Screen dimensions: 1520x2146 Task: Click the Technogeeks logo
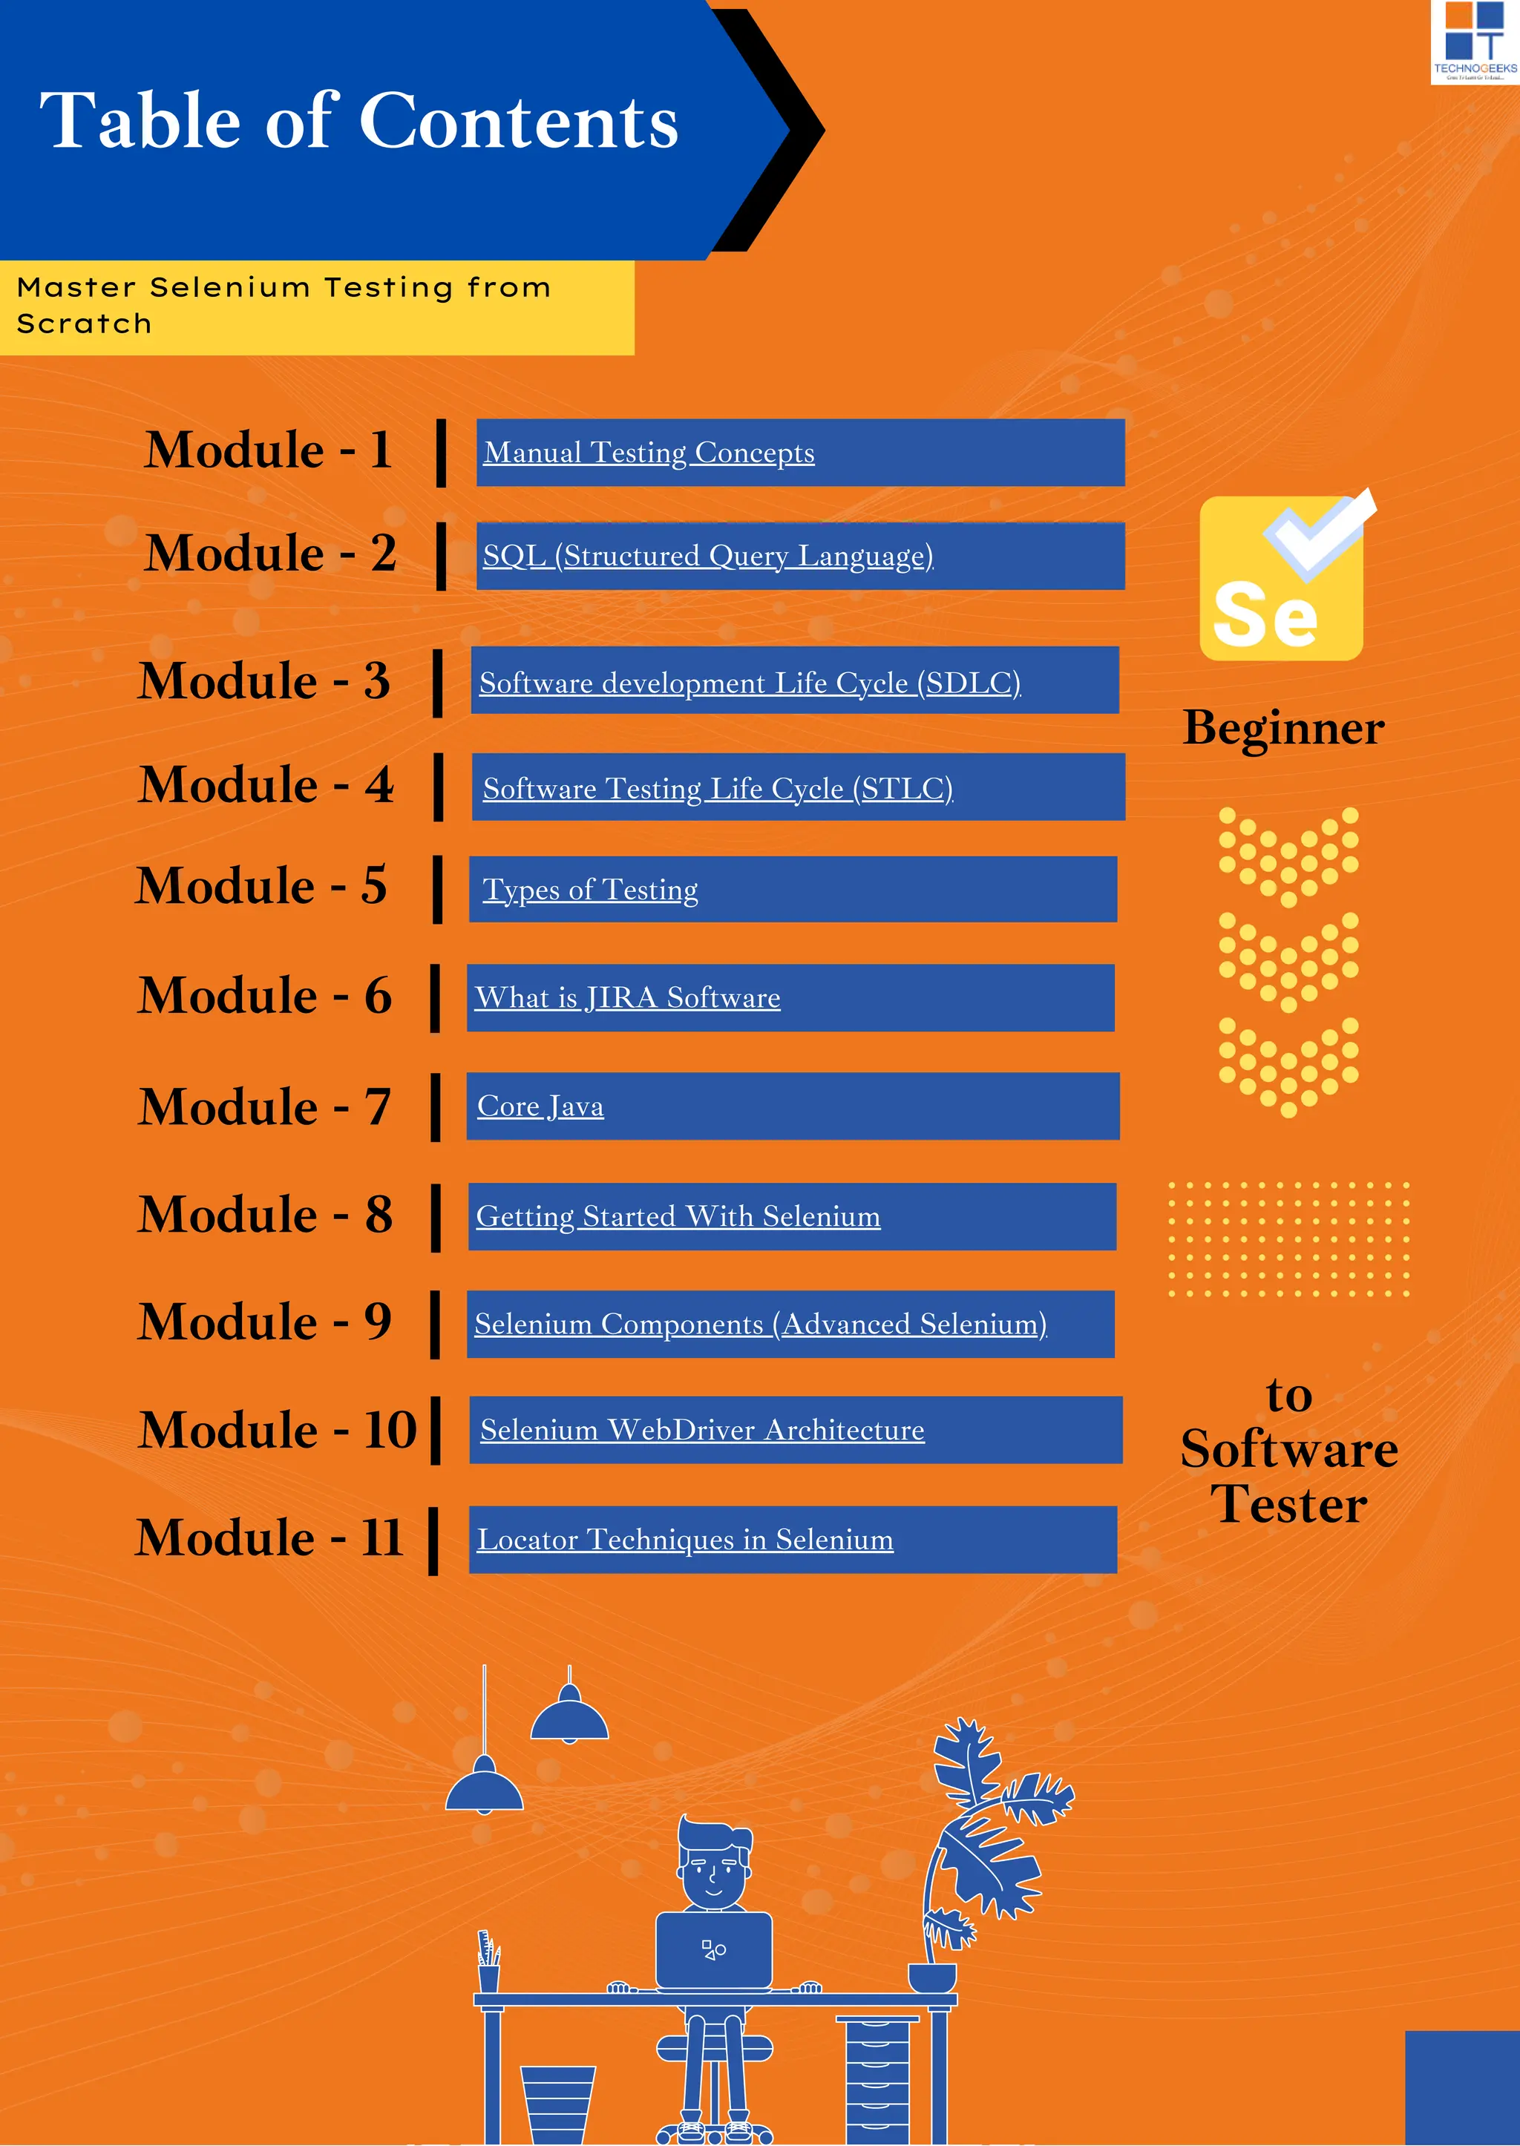coord(1474,42)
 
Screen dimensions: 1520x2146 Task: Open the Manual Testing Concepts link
coord(649,453)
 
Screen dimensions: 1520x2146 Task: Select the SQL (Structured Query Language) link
coord(707,556)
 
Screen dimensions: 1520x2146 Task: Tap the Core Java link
coord(540,1106)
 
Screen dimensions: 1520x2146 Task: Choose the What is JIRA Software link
coord(627,997)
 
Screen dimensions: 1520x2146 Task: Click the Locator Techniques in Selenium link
coord(685,1540)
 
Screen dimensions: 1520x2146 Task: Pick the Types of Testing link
coord(589,889)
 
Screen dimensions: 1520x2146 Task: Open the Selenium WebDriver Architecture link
coord(702,1430)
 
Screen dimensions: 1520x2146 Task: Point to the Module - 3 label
coord(264,680)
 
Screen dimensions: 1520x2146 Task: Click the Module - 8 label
coord(265,1215)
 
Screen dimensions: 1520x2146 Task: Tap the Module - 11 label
coord(269,1538)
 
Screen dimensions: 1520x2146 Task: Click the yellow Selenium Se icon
coord(1280,580)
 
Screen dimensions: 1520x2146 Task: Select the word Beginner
coord(1283,728)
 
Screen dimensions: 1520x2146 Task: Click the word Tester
coord(1289,1505)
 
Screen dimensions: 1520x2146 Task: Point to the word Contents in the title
coord(519,122)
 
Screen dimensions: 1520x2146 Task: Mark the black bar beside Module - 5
coord(437,889)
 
